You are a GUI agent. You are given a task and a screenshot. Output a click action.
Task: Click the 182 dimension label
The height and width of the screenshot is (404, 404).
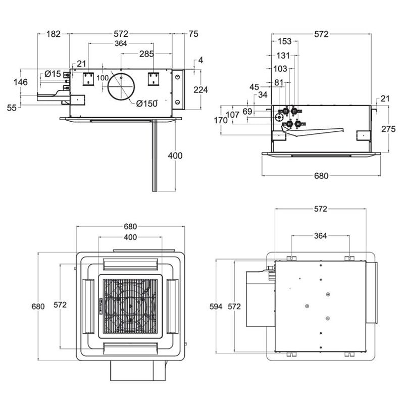coord(53,34)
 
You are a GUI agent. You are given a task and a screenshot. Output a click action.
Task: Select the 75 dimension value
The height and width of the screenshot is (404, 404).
coord(193,34)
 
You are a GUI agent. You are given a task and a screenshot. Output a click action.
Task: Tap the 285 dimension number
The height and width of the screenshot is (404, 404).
coord(147,54)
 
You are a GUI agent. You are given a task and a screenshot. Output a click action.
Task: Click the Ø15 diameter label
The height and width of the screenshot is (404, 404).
coord(53,74)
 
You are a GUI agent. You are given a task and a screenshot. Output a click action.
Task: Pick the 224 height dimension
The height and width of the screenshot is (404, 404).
coord(200,89)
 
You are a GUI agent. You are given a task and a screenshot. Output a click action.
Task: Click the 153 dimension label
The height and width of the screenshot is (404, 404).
coord(285,42)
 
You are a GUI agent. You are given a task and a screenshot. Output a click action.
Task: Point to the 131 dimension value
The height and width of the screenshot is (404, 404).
coord(283,56)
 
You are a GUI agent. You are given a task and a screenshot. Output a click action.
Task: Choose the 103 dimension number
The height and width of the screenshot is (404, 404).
coord(280,69)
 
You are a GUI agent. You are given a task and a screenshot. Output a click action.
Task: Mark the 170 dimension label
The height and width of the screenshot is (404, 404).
coord(221,120)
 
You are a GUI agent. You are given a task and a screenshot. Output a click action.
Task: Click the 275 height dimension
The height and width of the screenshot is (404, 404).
coord(388,129)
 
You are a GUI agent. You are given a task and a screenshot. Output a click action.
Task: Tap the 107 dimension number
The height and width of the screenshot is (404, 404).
coord(232,115)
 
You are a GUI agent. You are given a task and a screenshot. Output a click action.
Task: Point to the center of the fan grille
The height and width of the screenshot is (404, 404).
coord(131,306)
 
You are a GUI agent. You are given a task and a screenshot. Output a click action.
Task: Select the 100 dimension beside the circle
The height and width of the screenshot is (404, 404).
coord(103,78)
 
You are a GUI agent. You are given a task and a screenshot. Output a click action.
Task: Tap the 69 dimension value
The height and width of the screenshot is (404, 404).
coord(247,111)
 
